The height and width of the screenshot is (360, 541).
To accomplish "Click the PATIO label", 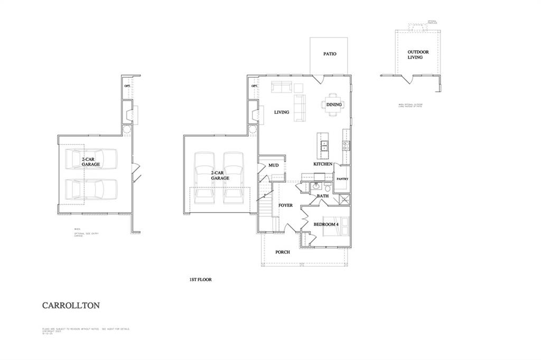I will pos(330,54).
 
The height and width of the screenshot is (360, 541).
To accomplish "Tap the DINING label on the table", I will pos(334,105).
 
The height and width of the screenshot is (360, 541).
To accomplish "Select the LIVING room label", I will pos(281,112).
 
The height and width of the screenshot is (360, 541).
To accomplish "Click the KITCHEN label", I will pos(323,164).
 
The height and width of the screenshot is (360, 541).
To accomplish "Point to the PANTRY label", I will pos(342,179).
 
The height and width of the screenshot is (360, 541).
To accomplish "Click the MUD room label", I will pos(273,165).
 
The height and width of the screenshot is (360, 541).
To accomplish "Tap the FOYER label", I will pos(285,205).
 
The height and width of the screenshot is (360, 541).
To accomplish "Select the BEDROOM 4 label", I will pos(326,224).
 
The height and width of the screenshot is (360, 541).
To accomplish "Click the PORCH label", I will pos(283,252).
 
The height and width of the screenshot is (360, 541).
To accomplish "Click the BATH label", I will pos(323,196).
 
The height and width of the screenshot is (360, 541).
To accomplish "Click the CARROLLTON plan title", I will pos(71,305).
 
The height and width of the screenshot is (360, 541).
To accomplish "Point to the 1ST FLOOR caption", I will pos(200,280).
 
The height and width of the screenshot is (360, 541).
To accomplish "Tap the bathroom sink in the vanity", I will pos(316,186).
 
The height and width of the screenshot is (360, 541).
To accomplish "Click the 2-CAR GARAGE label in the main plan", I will pos(220,176).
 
